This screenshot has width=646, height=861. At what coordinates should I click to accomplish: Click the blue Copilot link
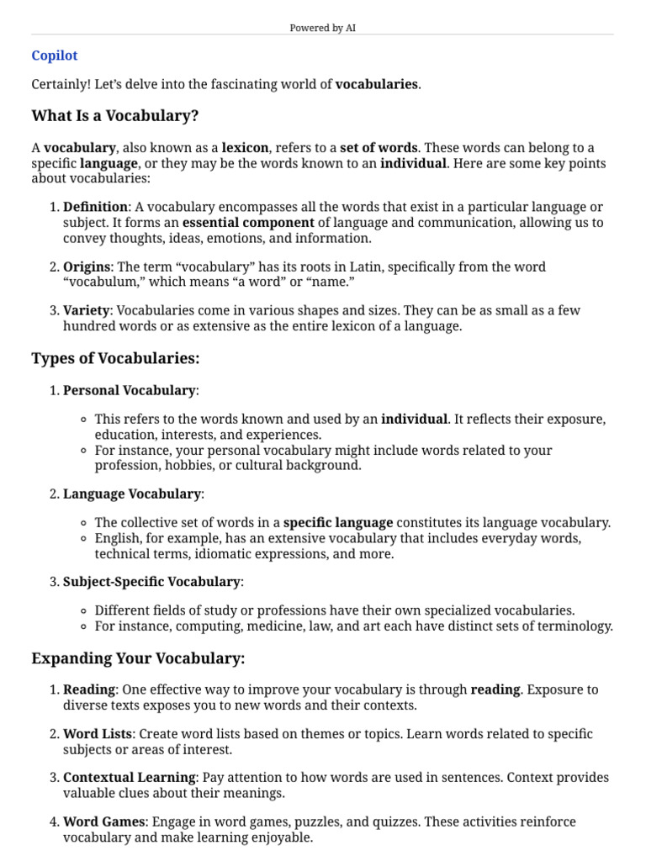[x=54, y=55]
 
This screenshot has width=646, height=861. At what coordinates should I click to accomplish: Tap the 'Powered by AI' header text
[x=322, y=28]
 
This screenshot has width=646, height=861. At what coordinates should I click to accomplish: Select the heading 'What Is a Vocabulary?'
[x=114, y=115]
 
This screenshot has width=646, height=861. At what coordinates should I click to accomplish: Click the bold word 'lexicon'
[x=245, y=148]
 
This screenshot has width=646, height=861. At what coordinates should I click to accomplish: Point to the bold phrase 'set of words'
[x=379, y=148]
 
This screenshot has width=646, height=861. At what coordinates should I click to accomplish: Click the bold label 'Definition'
[x=95, y=207]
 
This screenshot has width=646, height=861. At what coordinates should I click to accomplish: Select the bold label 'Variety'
[x=87, y=310]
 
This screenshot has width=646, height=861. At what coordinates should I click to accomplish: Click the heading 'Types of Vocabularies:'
[x=115, y=359]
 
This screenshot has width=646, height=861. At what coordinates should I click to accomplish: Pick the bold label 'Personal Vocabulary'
[x=129, y=390]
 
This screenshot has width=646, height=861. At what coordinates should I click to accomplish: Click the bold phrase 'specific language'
[x=338, y=522]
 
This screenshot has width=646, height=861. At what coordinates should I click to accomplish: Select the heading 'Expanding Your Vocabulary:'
[x=138, y=658]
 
